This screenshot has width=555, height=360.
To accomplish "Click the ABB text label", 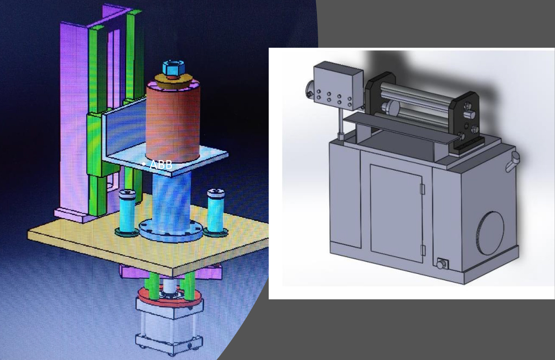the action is [x=161, y=165].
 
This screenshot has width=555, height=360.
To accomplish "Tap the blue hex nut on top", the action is [x=173, y=68].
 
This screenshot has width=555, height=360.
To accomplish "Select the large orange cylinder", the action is [x=173, y=122].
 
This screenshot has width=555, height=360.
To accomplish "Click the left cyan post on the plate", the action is [x=127, y=213].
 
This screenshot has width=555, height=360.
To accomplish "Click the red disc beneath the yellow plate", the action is [x=169, y=296].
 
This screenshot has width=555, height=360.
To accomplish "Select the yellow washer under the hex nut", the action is [x=173, y=81].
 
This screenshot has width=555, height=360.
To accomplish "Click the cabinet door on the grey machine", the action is [x=396, y=213].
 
